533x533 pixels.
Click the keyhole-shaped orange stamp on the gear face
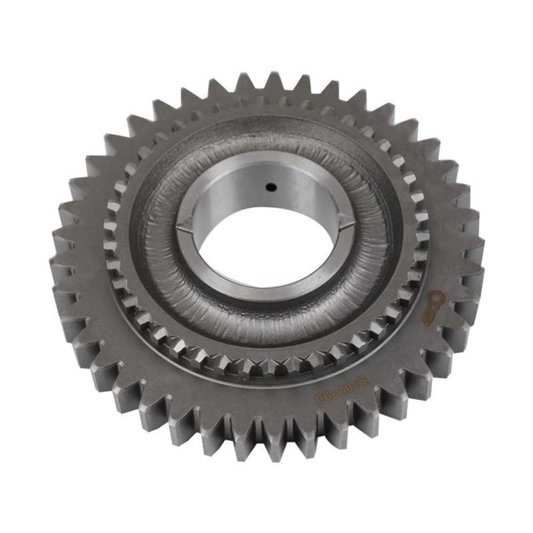pos(436,302)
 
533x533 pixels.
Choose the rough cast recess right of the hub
pos(373,228)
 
